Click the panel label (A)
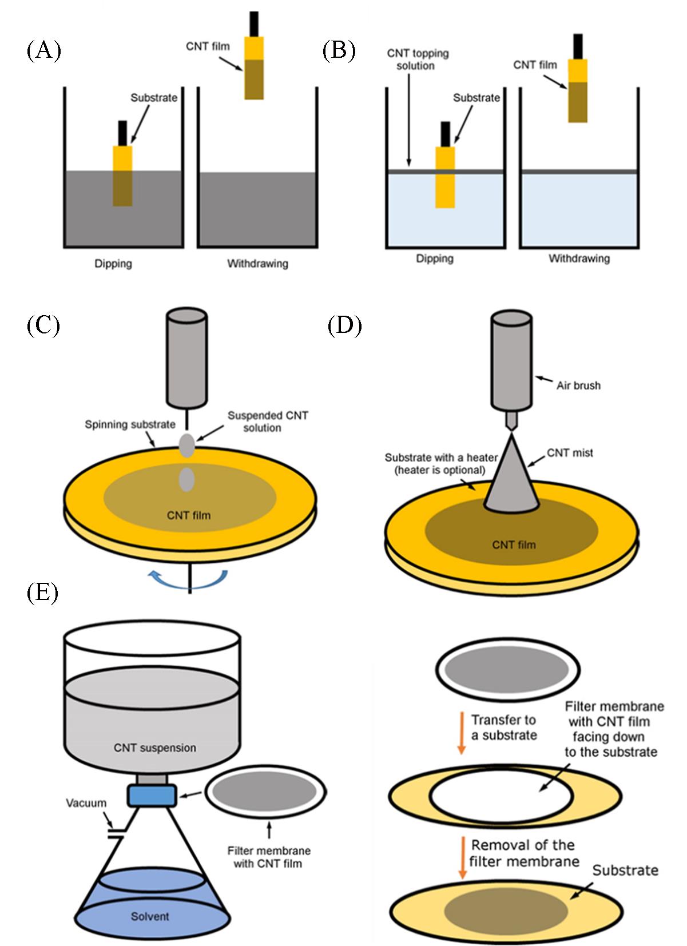pyautogui.click(x=43, y=51)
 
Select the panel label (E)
pyautogui.click(x=43, y=593)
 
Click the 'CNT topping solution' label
pyautogui.click(x=418, y=59)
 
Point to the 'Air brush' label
pyautogui.click(x=578, y=385)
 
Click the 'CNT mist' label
pyautogui.click(x=570, y=453)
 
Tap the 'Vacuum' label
pyautogui.click(x=86, y=803)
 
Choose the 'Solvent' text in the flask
pyautogui.click(x=150, y=916)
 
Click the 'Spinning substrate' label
pyautogui.click(x=130, y=424)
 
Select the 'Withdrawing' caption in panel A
pyautogui.click(x=257, y=264)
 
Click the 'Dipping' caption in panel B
pyautogui.click(x=435, y=259)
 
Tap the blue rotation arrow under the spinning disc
pyautogui.click(x=189, y=581)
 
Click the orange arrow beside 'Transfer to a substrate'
pyautogui.click(x=461, y=734)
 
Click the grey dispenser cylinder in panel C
pyautogui.click(x=186, y=357)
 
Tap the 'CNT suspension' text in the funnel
pyautogui.click(x=154, y=748)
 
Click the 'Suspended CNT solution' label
pyautogui.click(x=268, y=422)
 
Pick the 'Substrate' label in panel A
pyautogui.click(x=154, y=98)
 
